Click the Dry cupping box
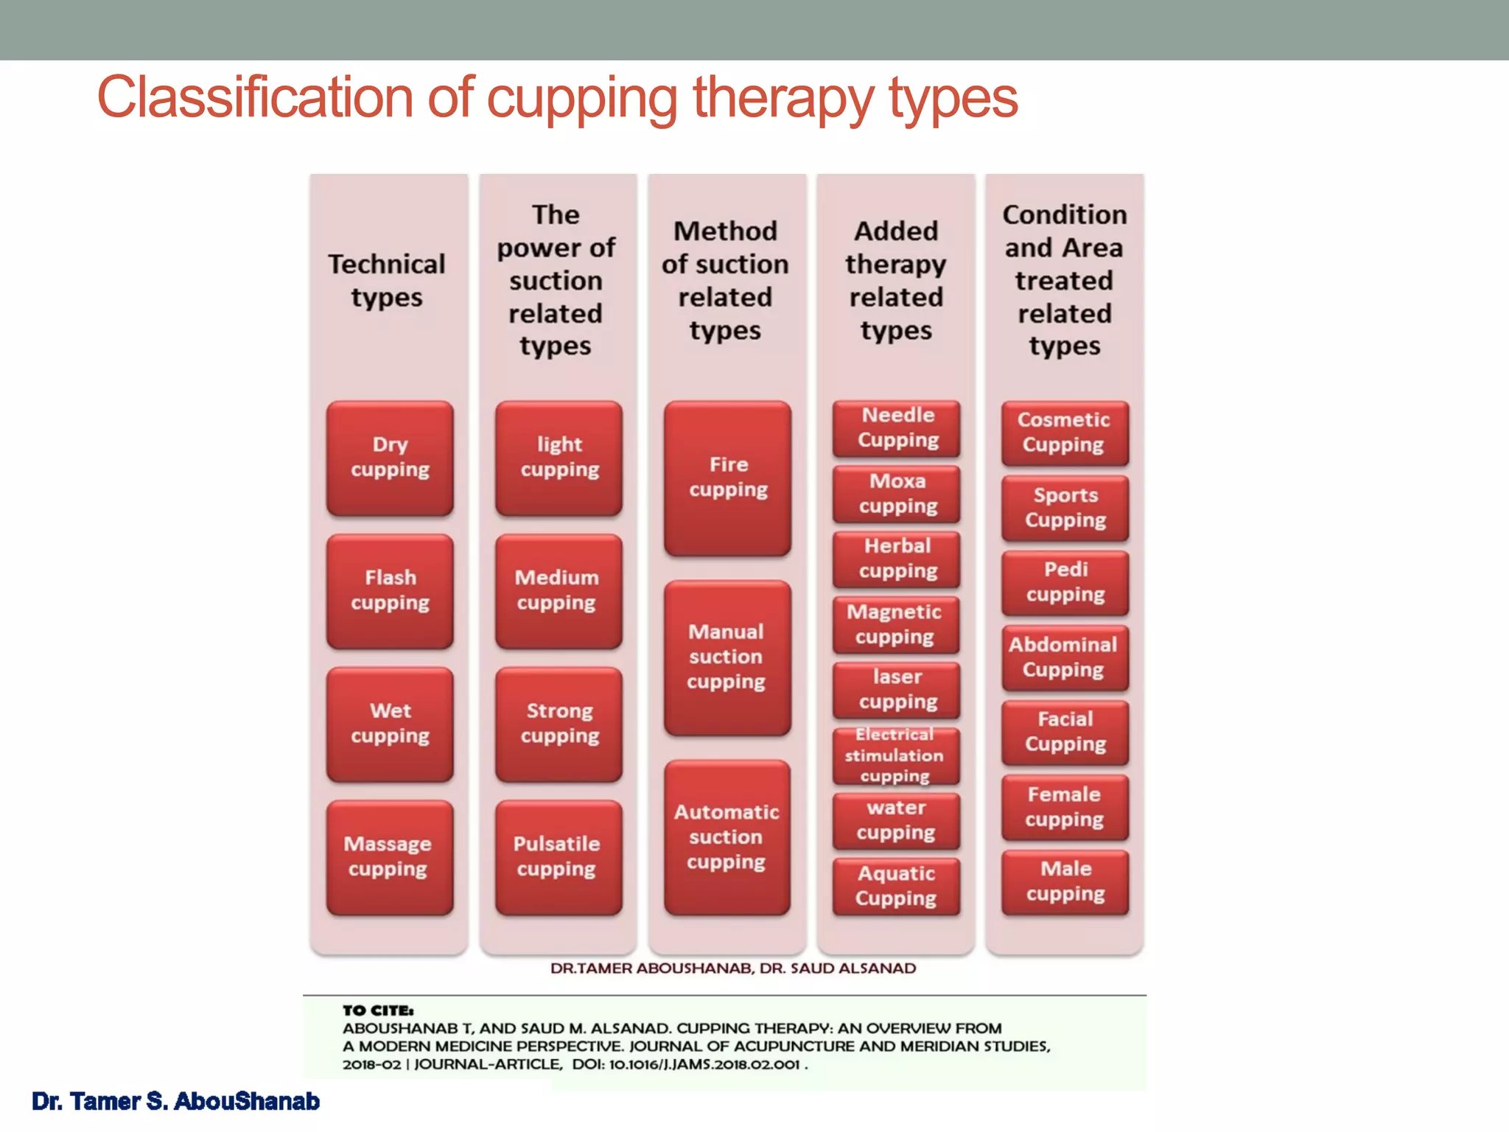click(x=390, y=458)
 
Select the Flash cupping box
click(x=390, y=591)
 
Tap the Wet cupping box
click(x=390, y=724)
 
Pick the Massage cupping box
click(x=390, y=857)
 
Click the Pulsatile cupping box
click(x=559, y=857)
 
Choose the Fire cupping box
click(x=727, y=478)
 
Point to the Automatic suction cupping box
click(x=727, y=837)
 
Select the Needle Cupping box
click(x=897, y=428)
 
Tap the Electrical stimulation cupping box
click(x=897, y=755)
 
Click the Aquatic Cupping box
click(x=897, y=886)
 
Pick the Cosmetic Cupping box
click(x=1065, y=433)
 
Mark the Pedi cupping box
click(x=1065, y=582)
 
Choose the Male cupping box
click(x=1065, y=881)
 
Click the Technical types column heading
click(x=387, y=281)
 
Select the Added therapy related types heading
click(x=896, y=281)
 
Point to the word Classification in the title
click(x=254, y=97)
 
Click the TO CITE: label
click(x=378, y=1010)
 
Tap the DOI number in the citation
click(x=704, y=1064)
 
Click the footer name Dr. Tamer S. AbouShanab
click(x=175, y=1101)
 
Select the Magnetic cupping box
click(x=895, y=624)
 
